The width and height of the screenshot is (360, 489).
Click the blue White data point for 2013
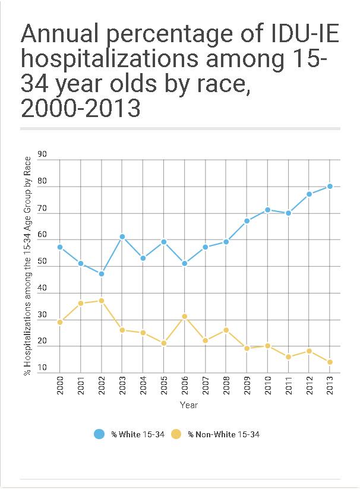click(x=329, y=186)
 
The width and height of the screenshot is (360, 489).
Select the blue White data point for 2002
click(x=102, y=274)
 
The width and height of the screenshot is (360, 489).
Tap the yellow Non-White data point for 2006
click(x=184, y=317)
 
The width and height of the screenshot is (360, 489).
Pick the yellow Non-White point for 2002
click(x=102, y=301)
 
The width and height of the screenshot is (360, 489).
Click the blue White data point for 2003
click(x=122, y=236)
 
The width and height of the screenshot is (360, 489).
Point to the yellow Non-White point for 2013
click(x=329, y=362)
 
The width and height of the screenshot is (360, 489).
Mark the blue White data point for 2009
click(x=247, y=221)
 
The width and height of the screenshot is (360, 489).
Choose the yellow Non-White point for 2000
click(x=60, y=322)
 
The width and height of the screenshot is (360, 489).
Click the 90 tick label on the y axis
click(x=42, y=154)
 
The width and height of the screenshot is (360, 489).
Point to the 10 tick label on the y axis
click(x=42, y=368)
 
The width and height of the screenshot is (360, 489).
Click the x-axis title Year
click(x=188, y=405)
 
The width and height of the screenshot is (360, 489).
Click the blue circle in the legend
click(x=100, y=434)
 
